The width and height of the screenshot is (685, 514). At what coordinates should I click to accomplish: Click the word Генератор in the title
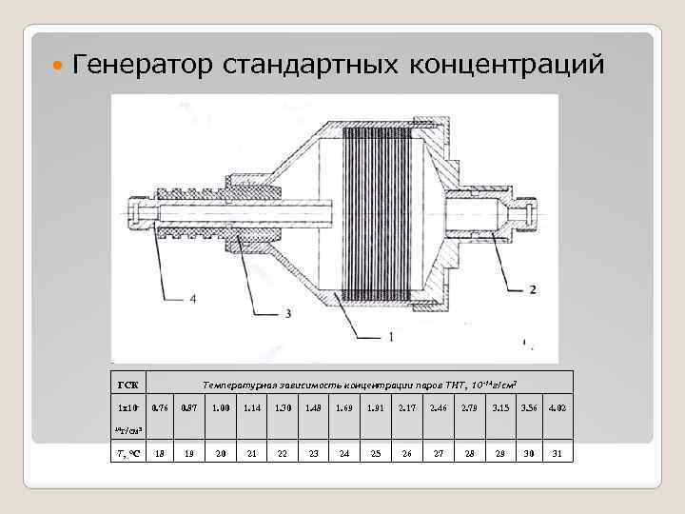tap(144, 66)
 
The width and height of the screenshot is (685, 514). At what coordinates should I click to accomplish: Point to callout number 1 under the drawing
tap(390, 336)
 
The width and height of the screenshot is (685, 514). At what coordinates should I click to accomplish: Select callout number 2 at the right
tap(533, 288)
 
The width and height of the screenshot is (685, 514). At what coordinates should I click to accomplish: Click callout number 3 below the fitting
tap(287, 313)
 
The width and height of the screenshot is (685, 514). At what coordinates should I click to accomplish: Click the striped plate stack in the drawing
tap(377, 213)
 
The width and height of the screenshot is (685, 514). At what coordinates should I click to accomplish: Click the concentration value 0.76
tap(160, 408)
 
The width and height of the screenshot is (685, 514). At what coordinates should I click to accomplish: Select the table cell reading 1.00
tap(220, 408)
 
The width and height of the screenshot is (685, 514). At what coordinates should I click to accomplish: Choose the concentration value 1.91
tap(376, 408)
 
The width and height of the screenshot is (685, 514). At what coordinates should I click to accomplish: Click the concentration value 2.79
tap(469, 408)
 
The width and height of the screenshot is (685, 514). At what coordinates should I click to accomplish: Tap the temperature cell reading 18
tap(160, 453)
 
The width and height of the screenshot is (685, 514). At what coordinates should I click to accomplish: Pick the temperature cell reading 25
tap(376, 453)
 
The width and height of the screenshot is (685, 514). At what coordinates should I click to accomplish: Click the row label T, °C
tap(128, 453)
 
